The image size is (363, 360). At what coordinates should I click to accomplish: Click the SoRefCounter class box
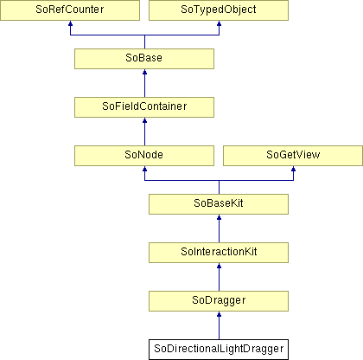[70, 10]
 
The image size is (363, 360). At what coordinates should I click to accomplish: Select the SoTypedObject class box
[219, 10]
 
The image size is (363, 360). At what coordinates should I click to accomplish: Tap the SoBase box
[144, 59]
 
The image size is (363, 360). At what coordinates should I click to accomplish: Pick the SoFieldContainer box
[144, 107]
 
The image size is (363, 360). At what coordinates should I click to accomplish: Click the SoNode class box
[144, 156]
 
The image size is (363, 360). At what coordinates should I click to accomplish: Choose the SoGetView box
[293, 156]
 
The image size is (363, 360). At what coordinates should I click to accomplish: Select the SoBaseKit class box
[219, 204]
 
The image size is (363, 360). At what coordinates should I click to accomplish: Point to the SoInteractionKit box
[219, 253]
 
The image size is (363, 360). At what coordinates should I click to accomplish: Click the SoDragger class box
[219, 301]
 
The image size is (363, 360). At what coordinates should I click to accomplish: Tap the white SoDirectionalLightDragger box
[219, 350]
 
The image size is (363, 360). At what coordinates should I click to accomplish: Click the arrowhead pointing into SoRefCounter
[70, 23]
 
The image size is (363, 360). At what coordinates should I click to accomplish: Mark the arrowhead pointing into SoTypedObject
[219, 23]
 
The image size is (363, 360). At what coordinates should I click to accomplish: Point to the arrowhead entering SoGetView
[293, 169]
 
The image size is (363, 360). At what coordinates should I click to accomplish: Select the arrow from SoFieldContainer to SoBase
[144, 83]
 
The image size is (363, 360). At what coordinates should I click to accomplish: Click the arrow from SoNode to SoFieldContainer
[144, 132]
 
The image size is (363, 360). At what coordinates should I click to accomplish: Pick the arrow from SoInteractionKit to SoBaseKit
[219, 228]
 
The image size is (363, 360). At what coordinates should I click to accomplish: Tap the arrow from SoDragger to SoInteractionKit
[219, 277]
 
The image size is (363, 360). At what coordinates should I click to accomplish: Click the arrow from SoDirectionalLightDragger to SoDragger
[219, 325]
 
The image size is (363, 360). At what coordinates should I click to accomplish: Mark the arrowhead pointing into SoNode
[144, 169]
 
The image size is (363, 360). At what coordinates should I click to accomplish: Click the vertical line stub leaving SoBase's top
[144, 42]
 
